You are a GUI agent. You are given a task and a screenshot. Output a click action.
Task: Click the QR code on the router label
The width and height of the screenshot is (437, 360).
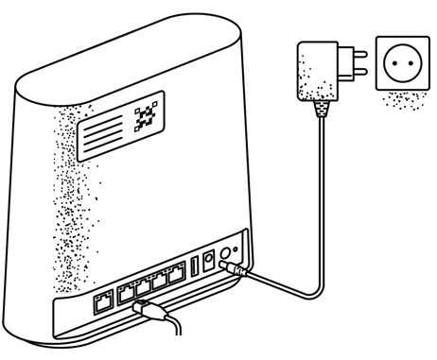coord(146,117)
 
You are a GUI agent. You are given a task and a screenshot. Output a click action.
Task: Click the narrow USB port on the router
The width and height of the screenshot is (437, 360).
coord(195,267)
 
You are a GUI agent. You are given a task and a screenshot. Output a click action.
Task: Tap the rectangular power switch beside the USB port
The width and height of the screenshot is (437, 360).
coord(209,262)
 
